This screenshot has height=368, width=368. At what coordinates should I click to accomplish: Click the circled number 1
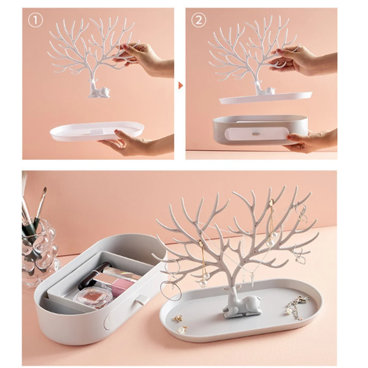click(36, 20)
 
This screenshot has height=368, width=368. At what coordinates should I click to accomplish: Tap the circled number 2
click(199, 20)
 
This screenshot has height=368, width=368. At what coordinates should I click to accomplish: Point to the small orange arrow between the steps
click(180, 86)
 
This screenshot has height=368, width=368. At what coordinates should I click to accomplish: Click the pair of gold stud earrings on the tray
click(180, 323)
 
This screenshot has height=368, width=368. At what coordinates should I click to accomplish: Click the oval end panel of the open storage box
click(111, 319)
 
